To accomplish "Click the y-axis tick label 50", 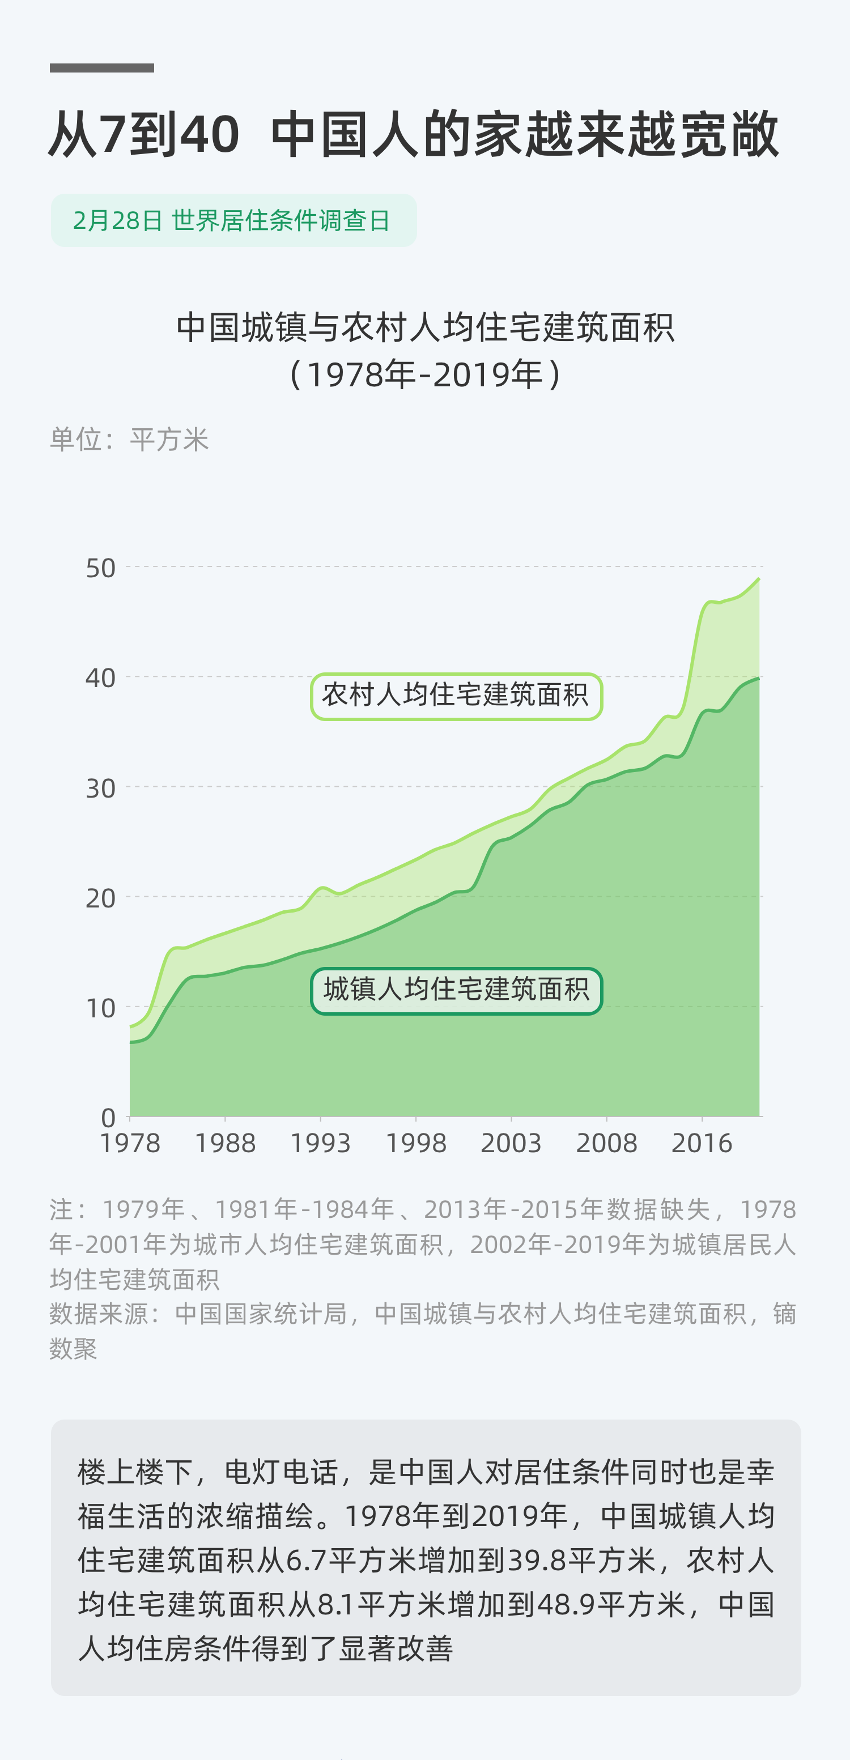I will coord(100,568).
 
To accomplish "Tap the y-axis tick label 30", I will coord(100,789).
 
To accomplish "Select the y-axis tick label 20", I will coord(100,898).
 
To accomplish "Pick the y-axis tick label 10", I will coord(100,1008).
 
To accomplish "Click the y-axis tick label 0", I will coord(108,1118).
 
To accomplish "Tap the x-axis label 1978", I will coord(130,1143).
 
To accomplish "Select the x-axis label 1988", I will coord(225,1143).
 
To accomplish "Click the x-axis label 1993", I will coord(321,1143).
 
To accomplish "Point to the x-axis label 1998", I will coord(415,1143).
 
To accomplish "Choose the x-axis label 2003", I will coord(511,1143).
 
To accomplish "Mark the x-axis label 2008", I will coord(606,1143).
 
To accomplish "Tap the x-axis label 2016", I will coord(701,1143).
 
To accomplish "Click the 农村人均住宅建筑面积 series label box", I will coord(456,696).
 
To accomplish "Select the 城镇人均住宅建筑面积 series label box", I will coord(456,991).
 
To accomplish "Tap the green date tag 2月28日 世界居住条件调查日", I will coord(233,220).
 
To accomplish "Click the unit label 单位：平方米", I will coord(129,440).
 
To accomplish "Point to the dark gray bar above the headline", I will coord(102,67).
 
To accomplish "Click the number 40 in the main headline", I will coord(209,134).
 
